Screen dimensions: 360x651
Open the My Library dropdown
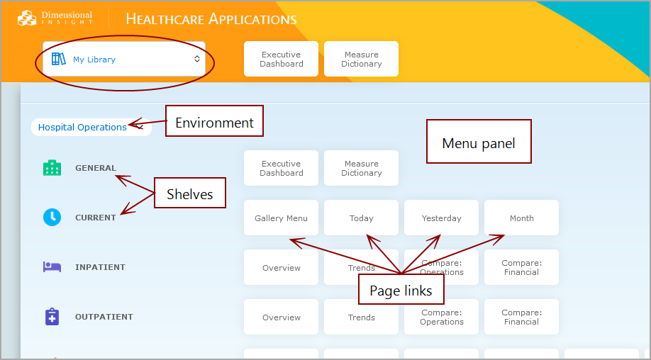124,60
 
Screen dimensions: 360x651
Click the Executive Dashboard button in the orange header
281,59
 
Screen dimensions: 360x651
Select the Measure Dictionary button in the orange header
361,59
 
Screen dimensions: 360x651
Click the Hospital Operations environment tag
82,128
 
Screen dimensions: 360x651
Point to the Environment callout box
214,123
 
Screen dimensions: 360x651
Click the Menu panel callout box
478,143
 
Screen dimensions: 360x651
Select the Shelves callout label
189,194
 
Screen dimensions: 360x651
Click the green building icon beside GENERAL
52,168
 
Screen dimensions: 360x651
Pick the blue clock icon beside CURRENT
52,218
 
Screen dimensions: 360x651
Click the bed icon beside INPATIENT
52,267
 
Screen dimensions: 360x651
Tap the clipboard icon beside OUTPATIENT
52,317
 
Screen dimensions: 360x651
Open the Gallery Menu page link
281,218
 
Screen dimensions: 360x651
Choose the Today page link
361,218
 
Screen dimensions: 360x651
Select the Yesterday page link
441,218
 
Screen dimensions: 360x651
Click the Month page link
521,218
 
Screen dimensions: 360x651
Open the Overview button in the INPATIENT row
281,268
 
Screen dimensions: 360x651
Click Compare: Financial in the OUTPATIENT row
521,317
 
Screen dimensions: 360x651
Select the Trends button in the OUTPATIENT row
361,317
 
